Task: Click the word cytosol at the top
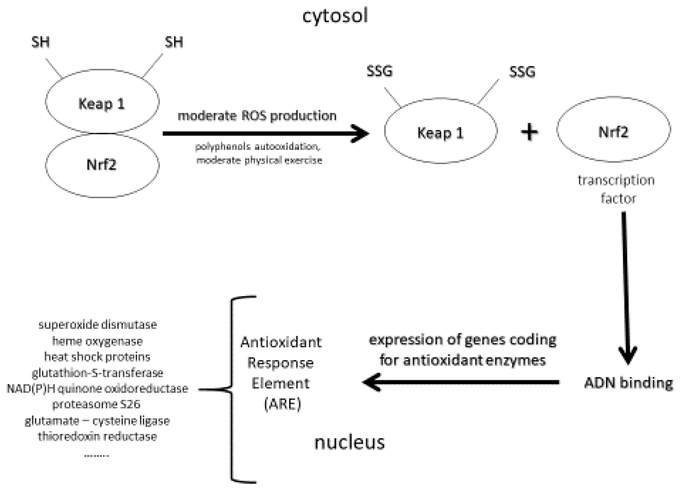point(335,16)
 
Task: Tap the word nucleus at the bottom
point(350,443)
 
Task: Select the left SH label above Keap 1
point(41,42)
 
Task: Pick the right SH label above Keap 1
point(174,42)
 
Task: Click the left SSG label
point(380,72)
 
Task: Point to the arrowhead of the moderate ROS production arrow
point(362,133)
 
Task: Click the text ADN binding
point(628,383)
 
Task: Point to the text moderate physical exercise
point(259,160)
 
